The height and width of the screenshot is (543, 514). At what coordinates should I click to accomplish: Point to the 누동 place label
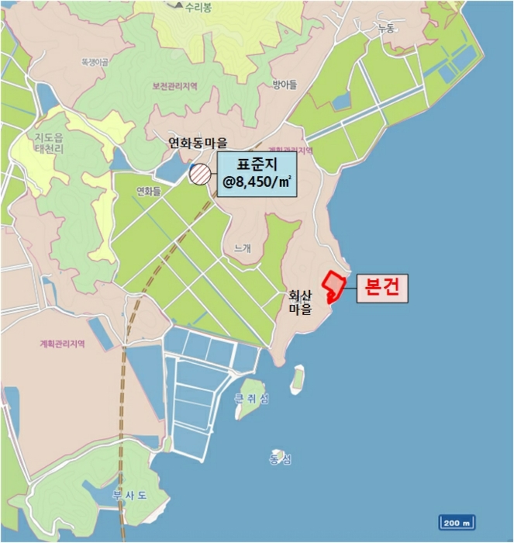click(385, 29)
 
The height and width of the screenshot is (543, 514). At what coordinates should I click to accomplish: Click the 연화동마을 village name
click(199, 143)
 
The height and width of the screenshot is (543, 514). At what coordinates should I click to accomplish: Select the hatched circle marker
click(199, 175)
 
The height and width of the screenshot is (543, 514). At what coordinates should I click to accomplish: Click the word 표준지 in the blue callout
click(256, 164)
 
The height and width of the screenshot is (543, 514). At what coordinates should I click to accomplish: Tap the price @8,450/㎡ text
click(256, 183)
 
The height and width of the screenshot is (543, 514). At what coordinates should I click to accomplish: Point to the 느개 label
click(243, 248)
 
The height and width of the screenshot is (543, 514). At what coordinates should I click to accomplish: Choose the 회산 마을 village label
click(299, 302)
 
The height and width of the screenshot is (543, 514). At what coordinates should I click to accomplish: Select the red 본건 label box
click(381, 289)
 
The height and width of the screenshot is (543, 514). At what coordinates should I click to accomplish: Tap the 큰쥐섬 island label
click(254, 399)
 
